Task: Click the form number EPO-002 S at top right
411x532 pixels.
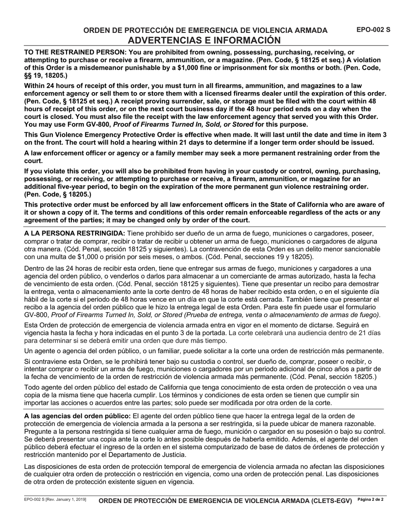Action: (373, 30)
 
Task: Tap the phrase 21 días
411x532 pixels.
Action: (369, 333)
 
